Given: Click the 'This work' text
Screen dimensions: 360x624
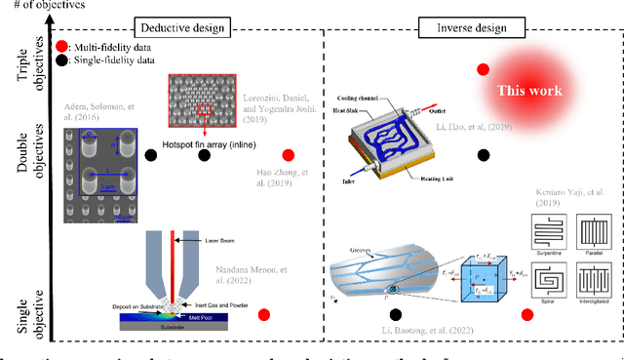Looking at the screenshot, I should point(529,91).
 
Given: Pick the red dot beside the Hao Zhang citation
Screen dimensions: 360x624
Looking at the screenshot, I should point(288,155).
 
